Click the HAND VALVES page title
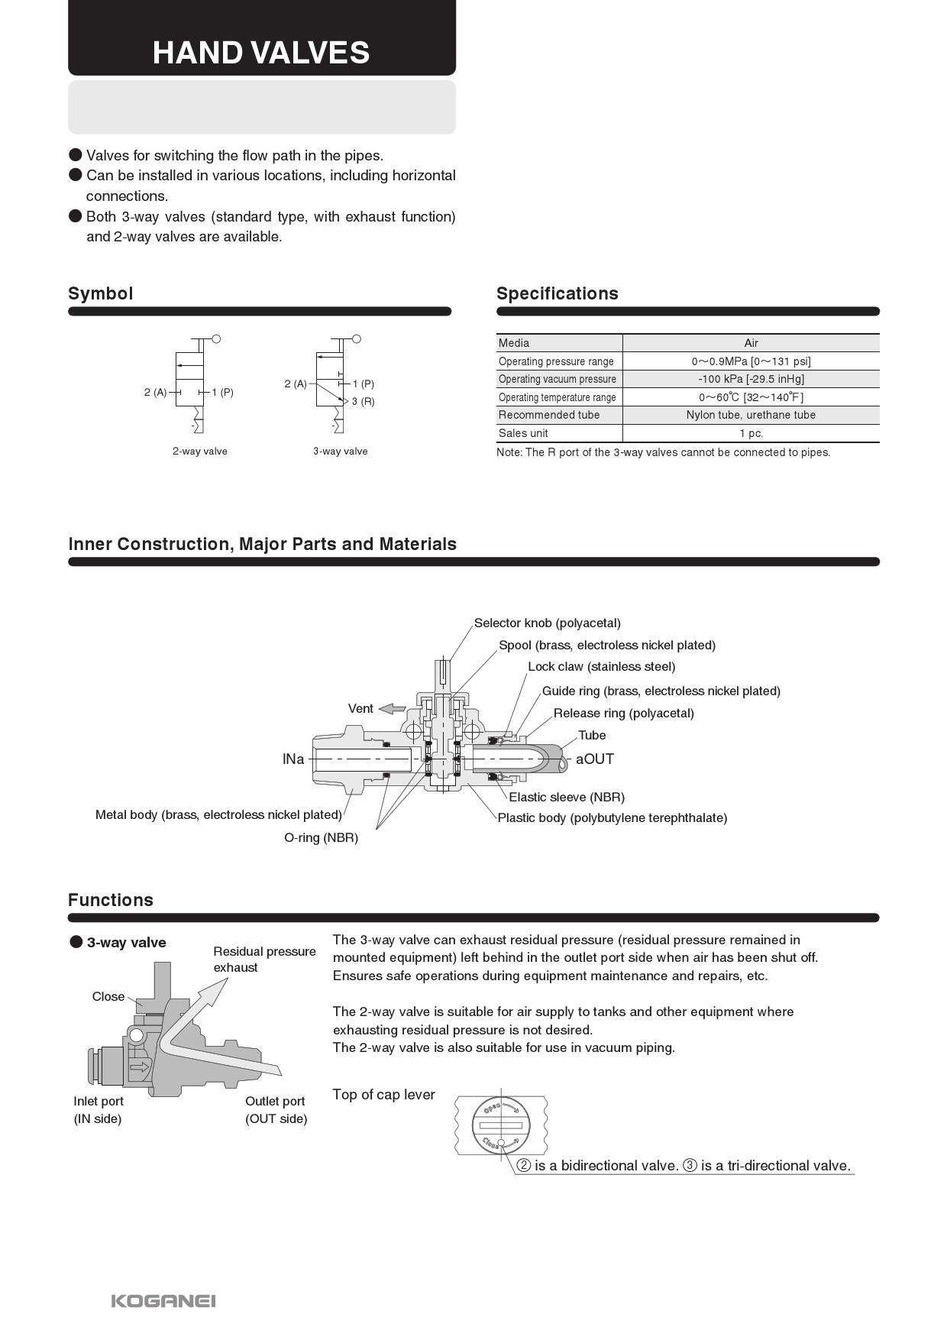pyautogui.click(x=261, y=53)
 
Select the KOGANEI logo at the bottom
pyautogui.click(x=163, y=1300)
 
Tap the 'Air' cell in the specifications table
pyautogui.click(x=751, y=343)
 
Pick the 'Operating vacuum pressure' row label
pyautogui.click(x=558, y=379)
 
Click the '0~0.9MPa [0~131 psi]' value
pyautogui.click(x=751, y=361)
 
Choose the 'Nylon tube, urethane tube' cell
pyautogui.click(x=751, y=415)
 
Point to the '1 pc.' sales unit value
pyautogui.click(x=751, y=433)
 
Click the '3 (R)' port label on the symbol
pyautogui.click(x=364, y=401)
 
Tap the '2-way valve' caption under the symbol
pyautogui.click(x=200, y=451)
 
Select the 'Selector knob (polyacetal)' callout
pyautogui.click(x=548, y=623)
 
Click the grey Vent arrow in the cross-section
pyautogui.click(x=393, y=708)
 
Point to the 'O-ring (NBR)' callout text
pyautogui.click(x=322, y=837)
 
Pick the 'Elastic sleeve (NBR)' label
pyautogui.click(x=567, y=797)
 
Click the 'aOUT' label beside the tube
pyautogui.click(x=595, y=759)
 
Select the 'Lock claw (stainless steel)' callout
pyautogui.click(x=602, y=666)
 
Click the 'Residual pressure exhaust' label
pyautogui.click(x=264, y=960)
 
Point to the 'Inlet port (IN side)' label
pyautogui.click(x=99, y=1110)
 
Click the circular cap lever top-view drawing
pyautogui.click(x=500, y=1125)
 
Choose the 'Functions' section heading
pyautogui.click(x=111, y=900)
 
